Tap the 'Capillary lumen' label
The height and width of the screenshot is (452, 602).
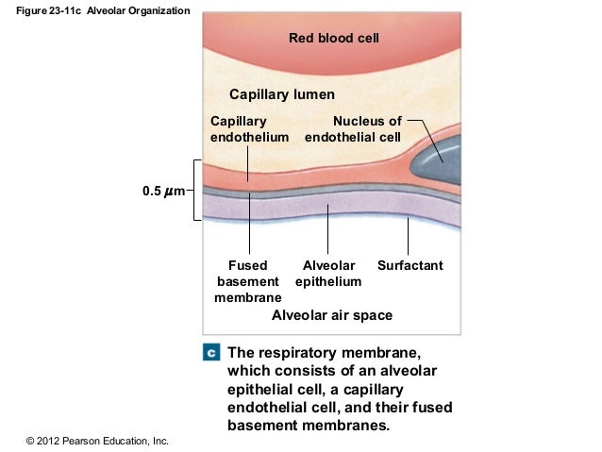(x=282, y=95)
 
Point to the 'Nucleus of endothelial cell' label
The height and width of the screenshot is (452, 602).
(x=354, y=129)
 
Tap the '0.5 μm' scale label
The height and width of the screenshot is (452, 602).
(x=162, y=192)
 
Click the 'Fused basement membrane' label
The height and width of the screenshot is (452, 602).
(x=248, y=281)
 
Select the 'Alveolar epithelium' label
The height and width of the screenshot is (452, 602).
(x=328, y=274)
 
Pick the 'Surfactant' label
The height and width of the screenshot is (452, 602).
(x=410, y=266)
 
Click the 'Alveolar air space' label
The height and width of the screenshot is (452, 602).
(x=331, y=315)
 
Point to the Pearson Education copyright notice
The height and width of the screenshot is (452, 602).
(x=98, y=441)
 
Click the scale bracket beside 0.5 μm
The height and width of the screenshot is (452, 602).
(x=196, y=190)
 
